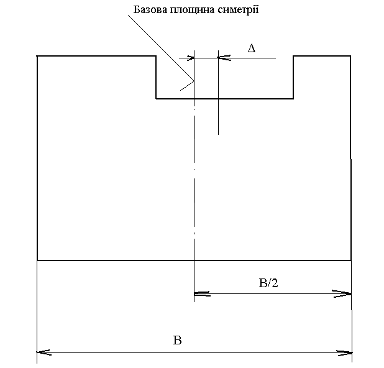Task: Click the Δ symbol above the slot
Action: coord(252,48)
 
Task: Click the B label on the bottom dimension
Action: coord(178,340)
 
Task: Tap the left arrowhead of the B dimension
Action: coord(43,352)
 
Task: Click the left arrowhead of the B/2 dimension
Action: coord(201,293)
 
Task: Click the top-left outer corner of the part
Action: coord(38,57)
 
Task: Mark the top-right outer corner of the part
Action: coord(350,57)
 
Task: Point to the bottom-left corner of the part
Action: coord(38,260)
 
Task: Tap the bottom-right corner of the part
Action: coord(351,260)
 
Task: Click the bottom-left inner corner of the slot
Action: coord(156,98)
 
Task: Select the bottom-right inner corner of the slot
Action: coord(293,98)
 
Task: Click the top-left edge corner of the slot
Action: coord(156,57)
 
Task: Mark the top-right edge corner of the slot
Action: coord(293,57)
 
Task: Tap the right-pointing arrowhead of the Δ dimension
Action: coord(189,58)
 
